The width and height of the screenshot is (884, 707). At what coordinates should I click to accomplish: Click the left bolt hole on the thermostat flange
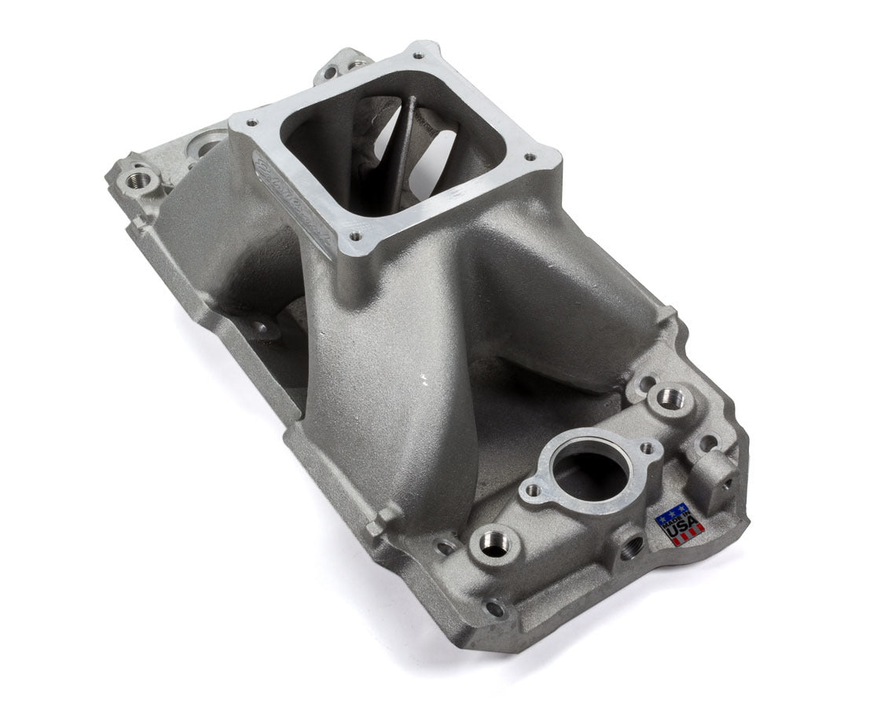[533, 490]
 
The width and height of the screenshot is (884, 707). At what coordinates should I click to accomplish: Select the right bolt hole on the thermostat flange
[647, 448]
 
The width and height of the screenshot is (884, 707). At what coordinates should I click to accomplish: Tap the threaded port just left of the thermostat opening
[495, 543]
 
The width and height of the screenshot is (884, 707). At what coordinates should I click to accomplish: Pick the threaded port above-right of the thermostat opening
[670, 399]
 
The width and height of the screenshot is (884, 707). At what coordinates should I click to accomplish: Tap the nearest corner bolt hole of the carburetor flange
[355, 235]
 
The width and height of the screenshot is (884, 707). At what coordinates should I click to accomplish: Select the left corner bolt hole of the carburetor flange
[253, 123]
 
